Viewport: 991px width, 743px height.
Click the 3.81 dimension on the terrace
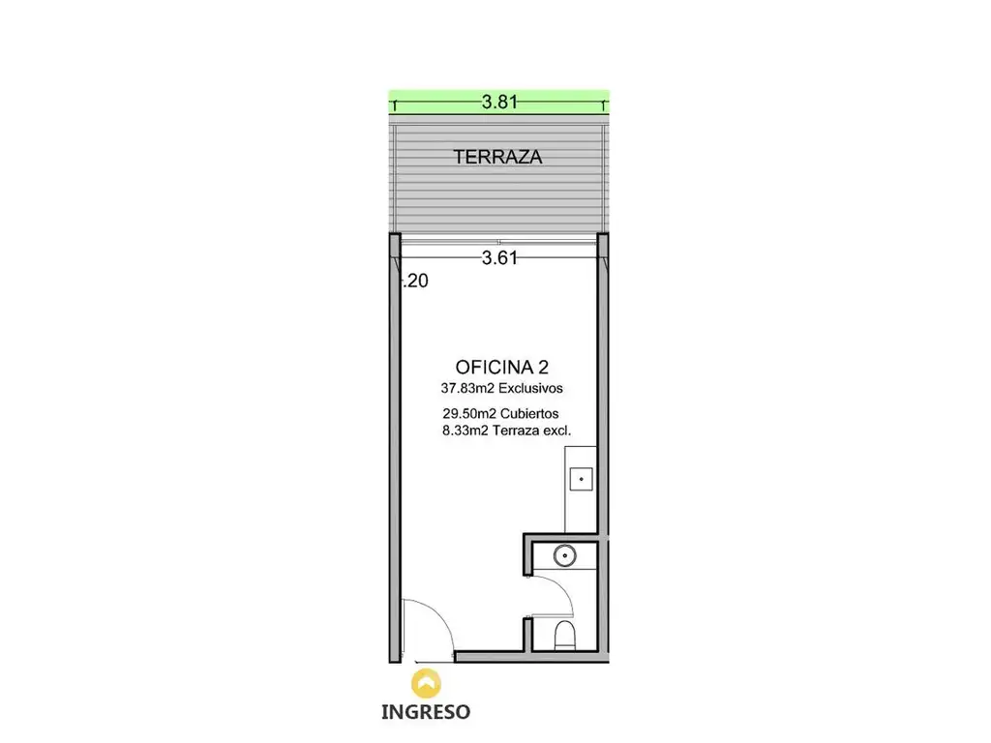coord(499,102)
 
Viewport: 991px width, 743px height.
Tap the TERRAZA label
coord(498,157)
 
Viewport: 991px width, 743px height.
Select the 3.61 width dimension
coord(499,257)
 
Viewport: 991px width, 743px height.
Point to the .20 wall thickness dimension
coord(416,281)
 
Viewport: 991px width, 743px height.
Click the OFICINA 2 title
coord(502,367)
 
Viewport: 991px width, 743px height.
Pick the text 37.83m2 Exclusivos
coord(502,388)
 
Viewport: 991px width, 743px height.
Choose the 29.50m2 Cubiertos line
coord(500,414)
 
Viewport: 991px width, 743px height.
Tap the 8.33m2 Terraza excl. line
coord(507,431)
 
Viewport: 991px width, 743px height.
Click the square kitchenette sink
coord(581,479)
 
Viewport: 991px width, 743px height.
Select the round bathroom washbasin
coord(564,556)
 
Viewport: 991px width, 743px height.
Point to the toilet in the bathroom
coord(564,635)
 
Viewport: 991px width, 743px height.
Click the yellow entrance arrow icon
coord(427,684)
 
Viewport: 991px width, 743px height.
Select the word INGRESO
coord(426,712)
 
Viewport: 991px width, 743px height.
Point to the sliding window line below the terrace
coord(499,242)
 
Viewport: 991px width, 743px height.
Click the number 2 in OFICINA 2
coord(543,367)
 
